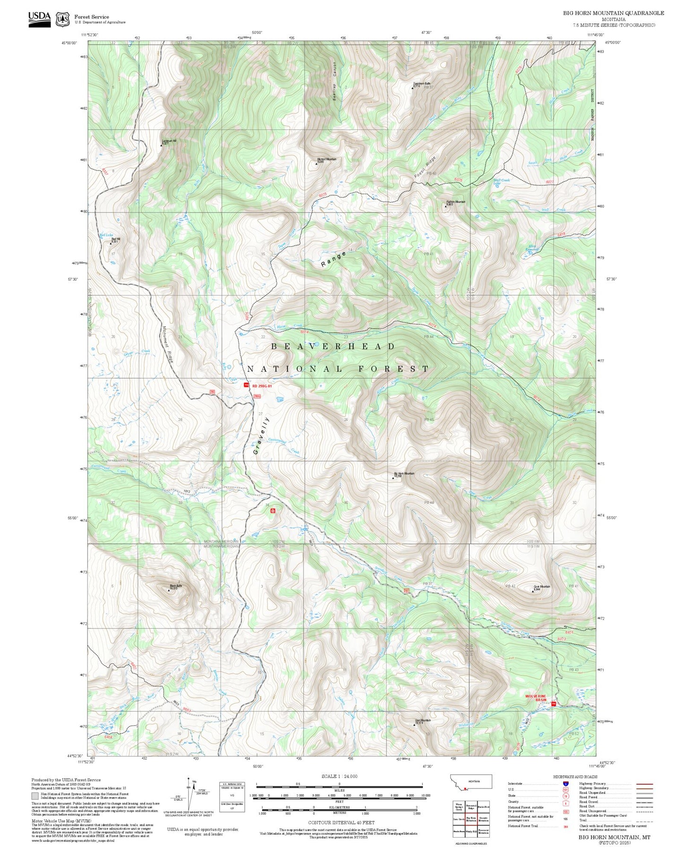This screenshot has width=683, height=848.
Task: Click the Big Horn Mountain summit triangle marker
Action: tap(393, 478)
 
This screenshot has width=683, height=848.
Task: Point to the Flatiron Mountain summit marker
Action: tap(445, 206)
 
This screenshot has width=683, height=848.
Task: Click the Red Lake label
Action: tap(106, 235)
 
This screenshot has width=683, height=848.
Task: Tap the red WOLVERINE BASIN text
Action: tap(536, 698)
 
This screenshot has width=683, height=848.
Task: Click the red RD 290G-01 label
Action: tap(262, 386)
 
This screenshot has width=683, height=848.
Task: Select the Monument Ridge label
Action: tap(167, 345)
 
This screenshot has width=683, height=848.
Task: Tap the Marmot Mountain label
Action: tap(327, 159)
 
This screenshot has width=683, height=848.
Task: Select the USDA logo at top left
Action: tap(39, 19)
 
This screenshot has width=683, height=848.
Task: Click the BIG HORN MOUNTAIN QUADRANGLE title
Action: tap(613, 13)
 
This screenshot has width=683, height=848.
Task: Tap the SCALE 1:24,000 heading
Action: tap(339, 776)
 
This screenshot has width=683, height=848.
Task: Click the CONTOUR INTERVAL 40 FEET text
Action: tap(341, 822)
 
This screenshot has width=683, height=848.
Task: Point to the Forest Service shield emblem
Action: tap(62, 19)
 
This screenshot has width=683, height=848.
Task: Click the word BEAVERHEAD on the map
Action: tap(333, 346)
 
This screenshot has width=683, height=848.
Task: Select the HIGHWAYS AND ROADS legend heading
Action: tap(575, 777)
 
